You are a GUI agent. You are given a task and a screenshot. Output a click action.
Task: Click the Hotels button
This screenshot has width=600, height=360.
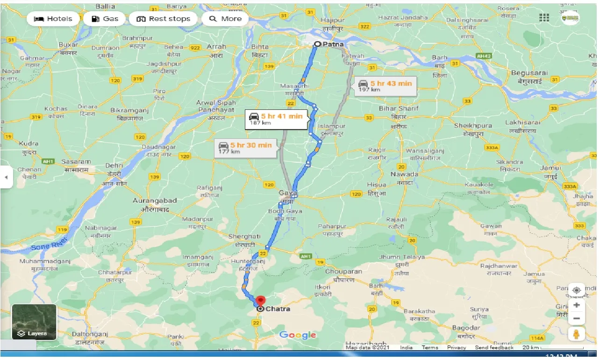(x=53, y=19)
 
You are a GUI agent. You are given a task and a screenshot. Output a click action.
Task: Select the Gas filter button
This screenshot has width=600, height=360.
(x=105, y=19)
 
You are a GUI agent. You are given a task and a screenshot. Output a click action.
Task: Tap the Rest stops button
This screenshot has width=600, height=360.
(x=163, y=19)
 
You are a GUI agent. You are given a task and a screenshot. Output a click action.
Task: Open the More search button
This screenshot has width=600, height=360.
(x=225, y=19)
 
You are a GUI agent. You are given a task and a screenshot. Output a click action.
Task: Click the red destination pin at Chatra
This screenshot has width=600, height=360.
(x=261, y=301)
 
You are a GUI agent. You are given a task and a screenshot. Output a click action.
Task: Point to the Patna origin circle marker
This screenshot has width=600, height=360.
(x=317, y=44)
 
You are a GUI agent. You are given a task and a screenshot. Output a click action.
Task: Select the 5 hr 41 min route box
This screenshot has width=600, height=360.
(x=277, y=119)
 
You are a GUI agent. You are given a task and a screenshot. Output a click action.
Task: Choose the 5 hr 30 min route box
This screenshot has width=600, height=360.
(x=245, y=148)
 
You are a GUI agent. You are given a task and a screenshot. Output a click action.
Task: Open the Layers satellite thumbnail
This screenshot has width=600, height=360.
(x=34, y=322)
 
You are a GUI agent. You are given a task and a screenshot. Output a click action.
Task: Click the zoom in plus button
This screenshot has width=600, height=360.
(x=577, y=305)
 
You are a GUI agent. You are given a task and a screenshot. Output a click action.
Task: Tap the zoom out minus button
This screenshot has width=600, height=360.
(x=577, y=319)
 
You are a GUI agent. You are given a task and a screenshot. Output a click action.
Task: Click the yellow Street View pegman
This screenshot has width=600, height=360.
(x=577, y=334)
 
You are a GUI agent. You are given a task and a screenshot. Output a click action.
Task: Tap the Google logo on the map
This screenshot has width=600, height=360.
(x=298, y=335)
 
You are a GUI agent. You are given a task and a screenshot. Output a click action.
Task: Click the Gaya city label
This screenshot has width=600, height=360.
(x=288, y=193)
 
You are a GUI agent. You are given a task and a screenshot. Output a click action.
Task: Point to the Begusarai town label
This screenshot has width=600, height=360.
(x=529, y=73)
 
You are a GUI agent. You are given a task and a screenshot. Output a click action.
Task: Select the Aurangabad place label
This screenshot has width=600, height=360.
(x=155, y=201)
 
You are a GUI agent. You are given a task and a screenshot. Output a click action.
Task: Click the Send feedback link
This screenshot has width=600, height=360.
(x=494, y=347)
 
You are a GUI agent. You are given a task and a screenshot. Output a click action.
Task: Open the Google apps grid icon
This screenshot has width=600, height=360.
(x=544, y=18)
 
